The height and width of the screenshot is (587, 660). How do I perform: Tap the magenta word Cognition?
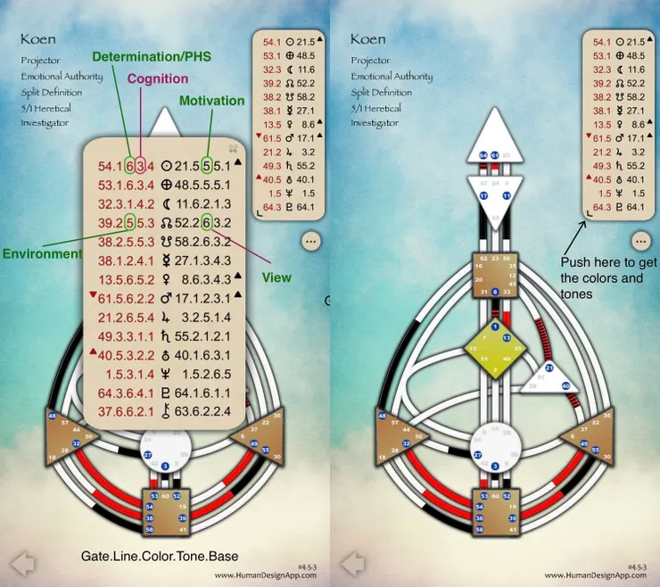[157, 79]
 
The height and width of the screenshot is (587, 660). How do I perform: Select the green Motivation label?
[211, 101]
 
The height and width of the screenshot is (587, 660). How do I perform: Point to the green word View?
[276, 277]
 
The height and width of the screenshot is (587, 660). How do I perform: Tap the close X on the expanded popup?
[233, 148]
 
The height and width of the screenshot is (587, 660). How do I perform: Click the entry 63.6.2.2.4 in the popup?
[204, 410]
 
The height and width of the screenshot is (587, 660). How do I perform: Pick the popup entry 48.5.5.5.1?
[204, 185]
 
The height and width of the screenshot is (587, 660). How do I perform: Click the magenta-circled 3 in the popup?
[139, 165]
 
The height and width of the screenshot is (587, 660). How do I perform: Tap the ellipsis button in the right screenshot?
[639, 241]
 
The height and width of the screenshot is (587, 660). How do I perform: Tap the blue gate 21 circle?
[549, 367]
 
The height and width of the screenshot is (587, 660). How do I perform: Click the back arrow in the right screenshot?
[352, 563]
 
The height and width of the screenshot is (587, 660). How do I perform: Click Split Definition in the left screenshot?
[55, 92]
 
